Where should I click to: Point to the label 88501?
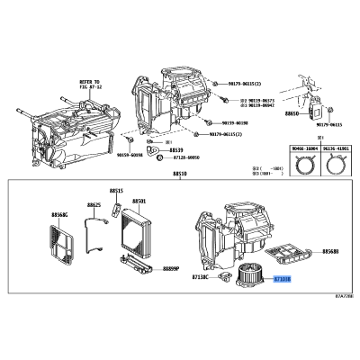coord(140,202)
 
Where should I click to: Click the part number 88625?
coord(94,206)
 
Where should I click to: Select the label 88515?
coord(116,192)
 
